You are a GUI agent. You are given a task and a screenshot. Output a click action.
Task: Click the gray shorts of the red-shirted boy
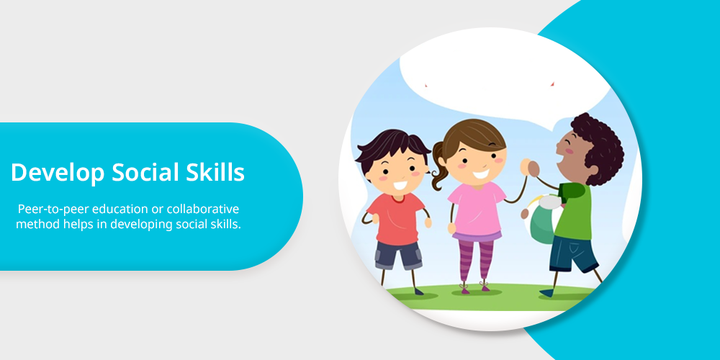(398, 255)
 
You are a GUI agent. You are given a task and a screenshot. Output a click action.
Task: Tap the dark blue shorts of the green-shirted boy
(573, 253)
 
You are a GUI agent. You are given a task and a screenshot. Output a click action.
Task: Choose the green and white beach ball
(544, 220)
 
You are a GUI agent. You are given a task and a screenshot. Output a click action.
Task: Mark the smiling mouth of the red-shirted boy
(400, 186)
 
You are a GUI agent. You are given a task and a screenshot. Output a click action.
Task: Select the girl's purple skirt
(477, 236)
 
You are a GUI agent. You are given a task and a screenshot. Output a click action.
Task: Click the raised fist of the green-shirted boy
(532, 167)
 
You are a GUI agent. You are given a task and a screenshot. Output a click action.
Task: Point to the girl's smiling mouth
(481, 174)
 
